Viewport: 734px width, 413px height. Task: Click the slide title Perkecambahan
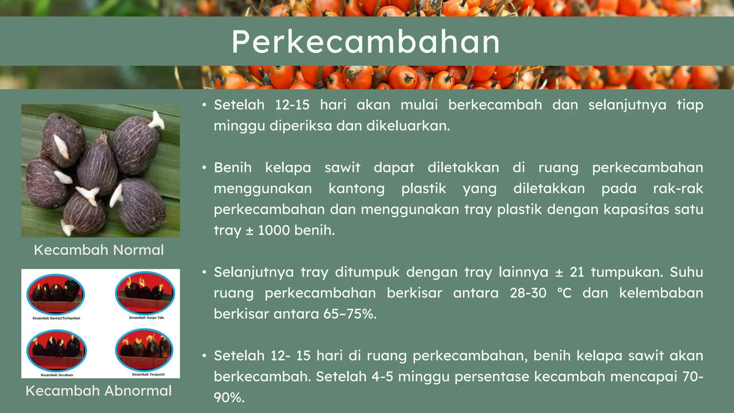[366, 42]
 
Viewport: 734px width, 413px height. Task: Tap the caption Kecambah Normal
[99, 250]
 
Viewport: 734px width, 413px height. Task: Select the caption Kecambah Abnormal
[99, 390]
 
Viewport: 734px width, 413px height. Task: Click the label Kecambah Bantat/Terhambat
[56, 318]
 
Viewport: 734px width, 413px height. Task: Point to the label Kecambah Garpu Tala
[146, 317]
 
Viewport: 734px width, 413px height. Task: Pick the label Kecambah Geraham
[57, 375]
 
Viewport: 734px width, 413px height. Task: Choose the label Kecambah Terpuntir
[148, 374]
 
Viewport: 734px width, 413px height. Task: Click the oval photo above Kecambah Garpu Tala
[145, 293]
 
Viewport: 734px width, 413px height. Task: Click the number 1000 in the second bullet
[274, 230]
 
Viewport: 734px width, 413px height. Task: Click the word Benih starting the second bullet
[233, 167]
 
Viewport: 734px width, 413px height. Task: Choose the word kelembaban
[661, 293]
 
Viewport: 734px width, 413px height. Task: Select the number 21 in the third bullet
[577, 272]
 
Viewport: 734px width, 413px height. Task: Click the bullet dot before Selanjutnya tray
[204, 272]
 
